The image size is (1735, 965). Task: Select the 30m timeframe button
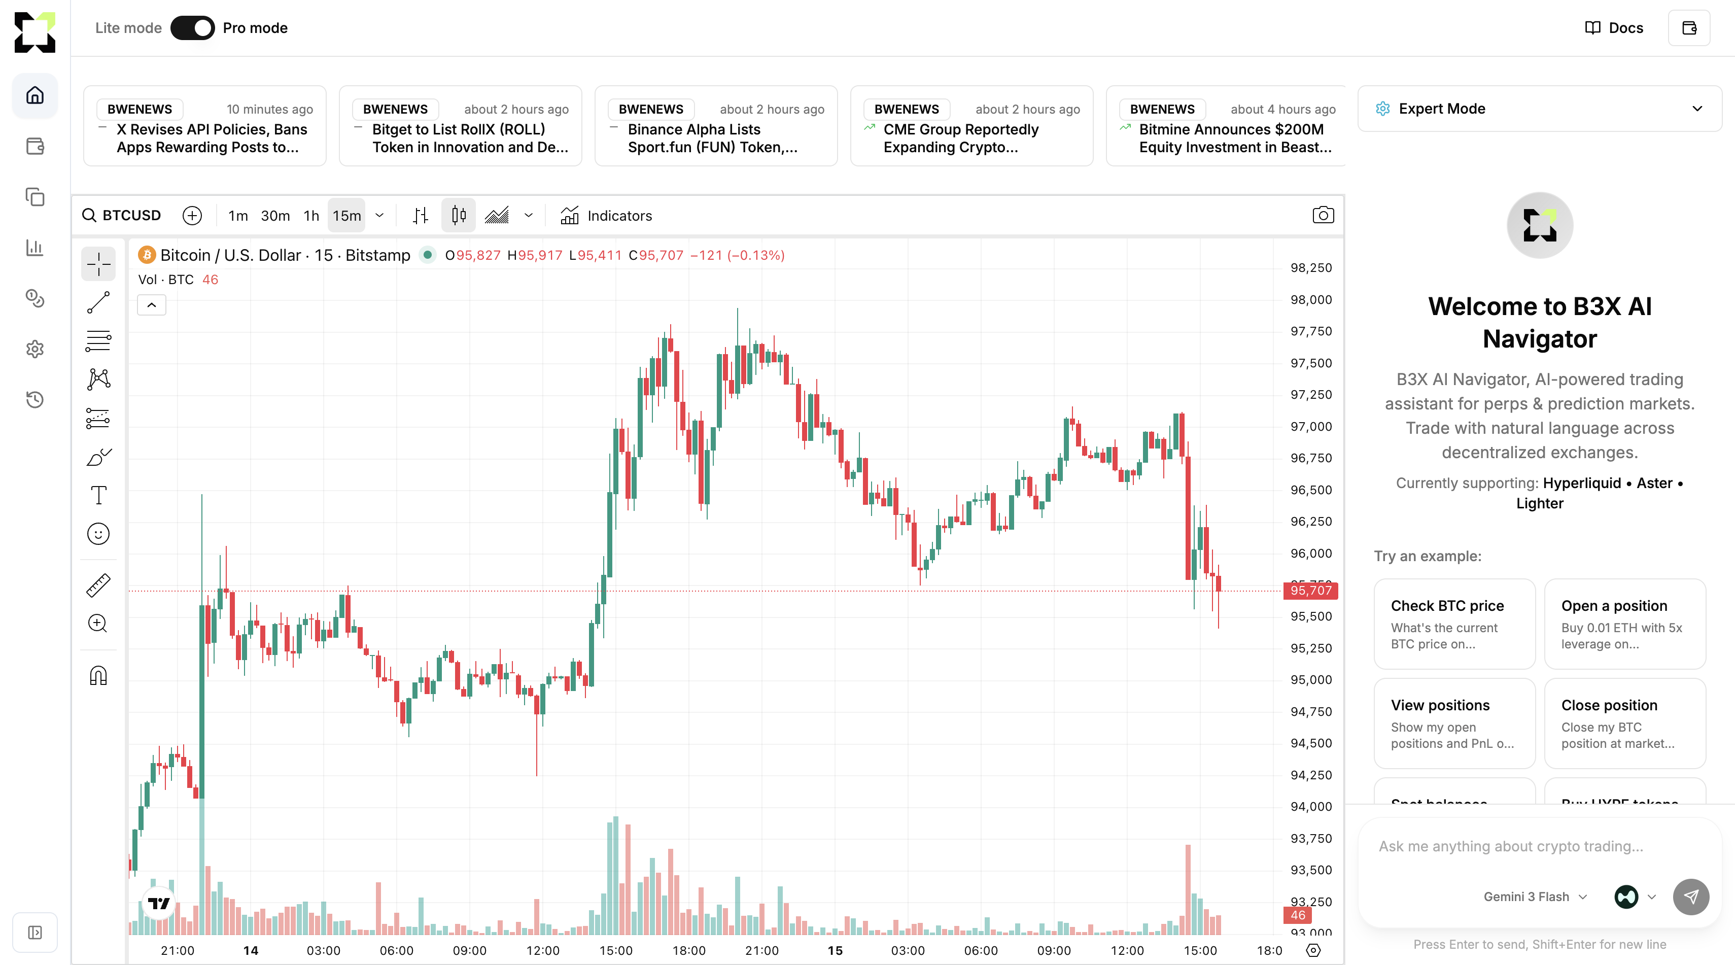275,216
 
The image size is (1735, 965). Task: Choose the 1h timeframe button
311,216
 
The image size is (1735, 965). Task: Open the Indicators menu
606,216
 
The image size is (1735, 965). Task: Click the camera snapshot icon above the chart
1323,216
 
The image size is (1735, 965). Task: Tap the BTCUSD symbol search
123,216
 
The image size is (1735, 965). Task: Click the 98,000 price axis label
1311,300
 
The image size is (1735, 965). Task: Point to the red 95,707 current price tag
1311,591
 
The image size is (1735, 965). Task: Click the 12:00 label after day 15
1127,950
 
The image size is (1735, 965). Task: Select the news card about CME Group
971,126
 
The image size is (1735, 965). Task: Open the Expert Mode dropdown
1539,109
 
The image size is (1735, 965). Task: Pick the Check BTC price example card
1454,624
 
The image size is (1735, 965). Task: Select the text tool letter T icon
98,496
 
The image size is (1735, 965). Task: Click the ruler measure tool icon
98,585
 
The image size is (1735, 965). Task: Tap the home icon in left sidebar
35,95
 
